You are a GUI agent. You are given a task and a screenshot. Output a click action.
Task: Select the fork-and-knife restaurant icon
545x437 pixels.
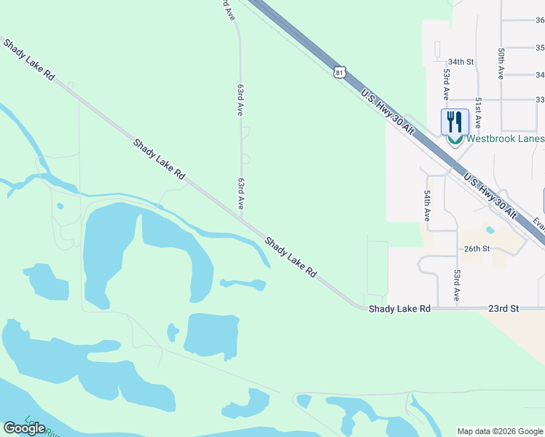(x=455, y=120)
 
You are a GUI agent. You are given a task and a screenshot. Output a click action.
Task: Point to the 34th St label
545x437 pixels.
(x=461, y=63)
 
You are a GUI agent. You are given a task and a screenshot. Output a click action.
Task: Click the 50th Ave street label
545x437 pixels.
(x=502, y=64)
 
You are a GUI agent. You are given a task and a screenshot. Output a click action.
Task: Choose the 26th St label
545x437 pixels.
(x=478, y=248)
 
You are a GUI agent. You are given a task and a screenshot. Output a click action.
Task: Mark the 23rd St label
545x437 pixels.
(x=503, y=309)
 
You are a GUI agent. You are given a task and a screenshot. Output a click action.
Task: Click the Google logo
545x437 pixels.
(x=24, y=428)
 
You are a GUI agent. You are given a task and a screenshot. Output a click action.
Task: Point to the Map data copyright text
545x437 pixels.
(x=500, y=431)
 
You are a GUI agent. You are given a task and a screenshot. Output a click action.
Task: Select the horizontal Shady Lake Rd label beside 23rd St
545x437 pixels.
(x=399, y=309)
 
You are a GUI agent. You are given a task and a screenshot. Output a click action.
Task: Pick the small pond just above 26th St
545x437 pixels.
(x=490, y=231)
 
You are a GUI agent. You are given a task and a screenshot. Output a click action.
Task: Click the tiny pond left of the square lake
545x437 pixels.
(x=173, y=332)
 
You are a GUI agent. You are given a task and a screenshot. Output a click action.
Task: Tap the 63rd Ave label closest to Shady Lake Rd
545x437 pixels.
(x=240, y=193)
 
